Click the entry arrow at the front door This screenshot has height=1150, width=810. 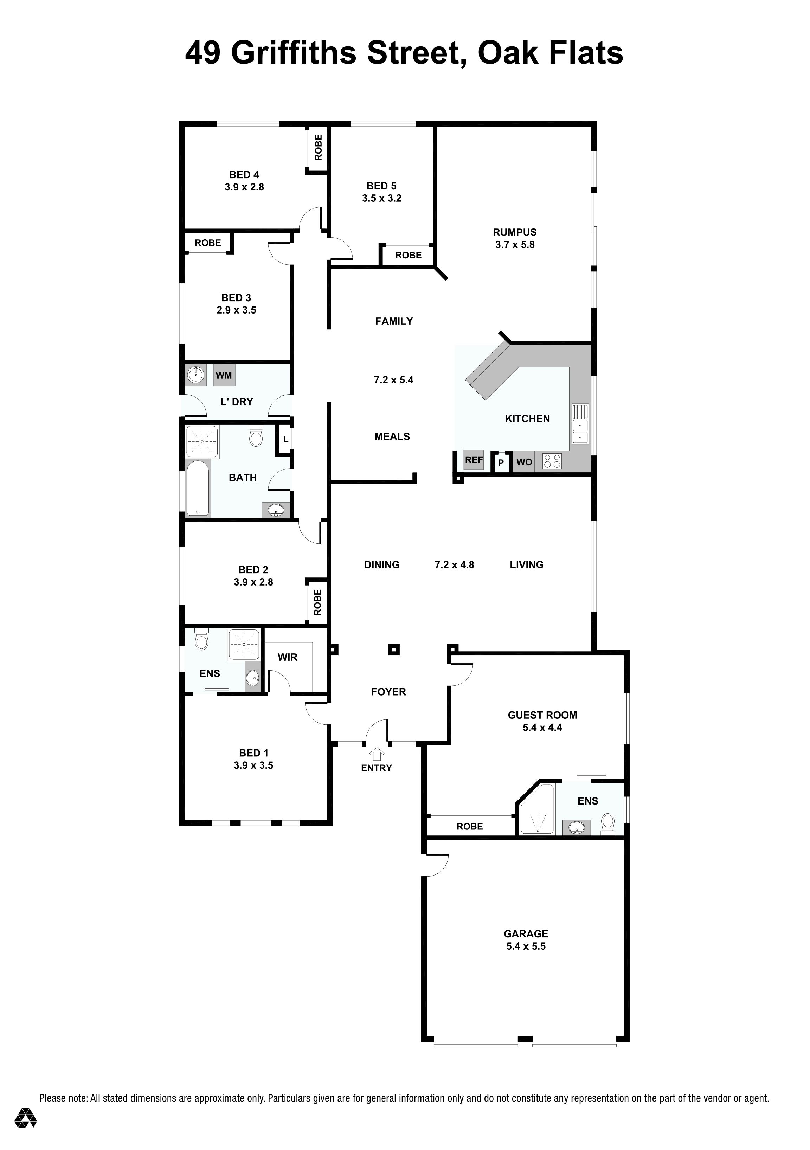pos(376,754)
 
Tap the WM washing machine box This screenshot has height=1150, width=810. pos(224,375)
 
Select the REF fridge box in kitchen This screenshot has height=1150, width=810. pos(474,460)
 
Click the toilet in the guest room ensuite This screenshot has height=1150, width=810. pos(607,823)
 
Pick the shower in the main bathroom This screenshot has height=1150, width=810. pos(202,441)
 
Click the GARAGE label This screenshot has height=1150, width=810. pos(526,933)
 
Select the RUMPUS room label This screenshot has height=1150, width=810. pos(515,232)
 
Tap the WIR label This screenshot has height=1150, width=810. pos(288,657)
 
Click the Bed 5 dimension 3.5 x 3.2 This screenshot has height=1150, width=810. pos(382,198)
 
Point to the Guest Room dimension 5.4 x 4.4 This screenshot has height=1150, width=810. pos(542,727)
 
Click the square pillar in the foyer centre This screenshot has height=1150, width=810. pos(394,650)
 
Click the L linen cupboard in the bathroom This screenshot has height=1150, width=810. pos(285,440)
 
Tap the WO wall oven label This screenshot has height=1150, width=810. pos(524,462)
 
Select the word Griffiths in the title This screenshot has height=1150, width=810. pos(293,53)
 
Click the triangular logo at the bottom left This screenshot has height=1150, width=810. pos(26,1117)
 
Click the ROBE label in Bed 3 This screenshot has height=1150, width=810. pos(208,243)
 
